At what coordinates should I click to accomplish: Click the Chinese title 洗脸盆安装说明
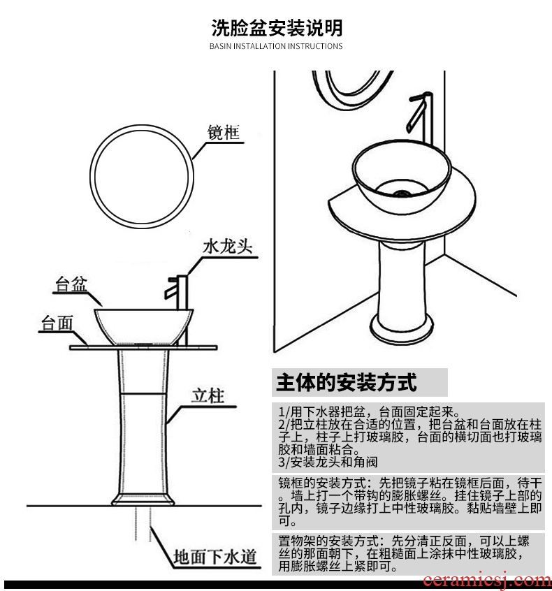click(x=277, y=28)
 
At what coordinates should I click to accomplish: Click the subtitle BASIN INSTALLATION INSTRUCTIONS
click(x=276, y=46)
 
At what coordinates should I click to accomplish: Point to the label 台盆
click(x=71, y=286)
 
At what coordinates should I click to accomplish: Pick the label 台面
click(x=57, y=323)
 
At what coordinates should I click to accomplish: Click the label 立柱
click(x=208, y=396)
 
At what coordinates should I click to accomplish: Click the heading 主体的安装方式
click(x=347, y=382)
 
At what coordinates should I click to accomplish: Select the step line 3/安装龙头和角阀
click(x=329, y=462)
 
